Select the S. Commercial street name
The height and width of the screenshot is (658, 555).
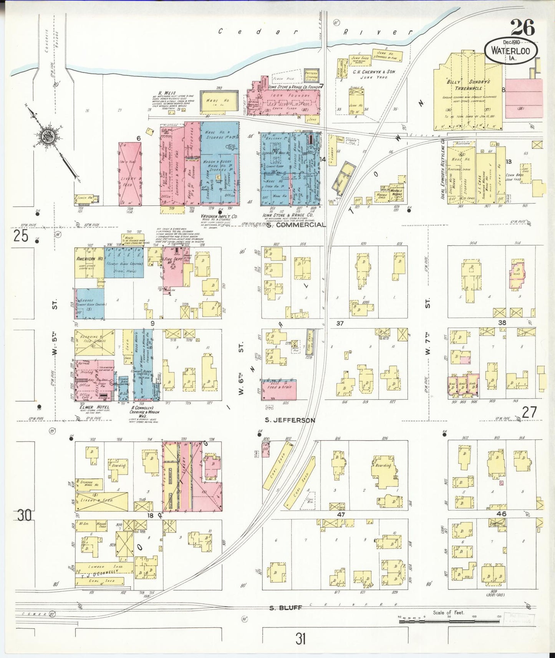[x=296, y=225]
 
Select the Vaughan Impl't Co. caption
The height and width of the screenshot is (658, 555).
[x=219, y=217]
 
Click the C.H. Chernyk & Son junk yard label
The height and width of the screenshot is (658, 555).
[x=374, y=74]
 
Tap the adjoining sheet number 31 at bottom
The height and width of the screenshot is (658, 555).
[x=301, y=640]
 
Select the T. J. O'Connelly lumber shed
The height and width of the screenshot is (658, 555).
[x=104, y=567]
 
